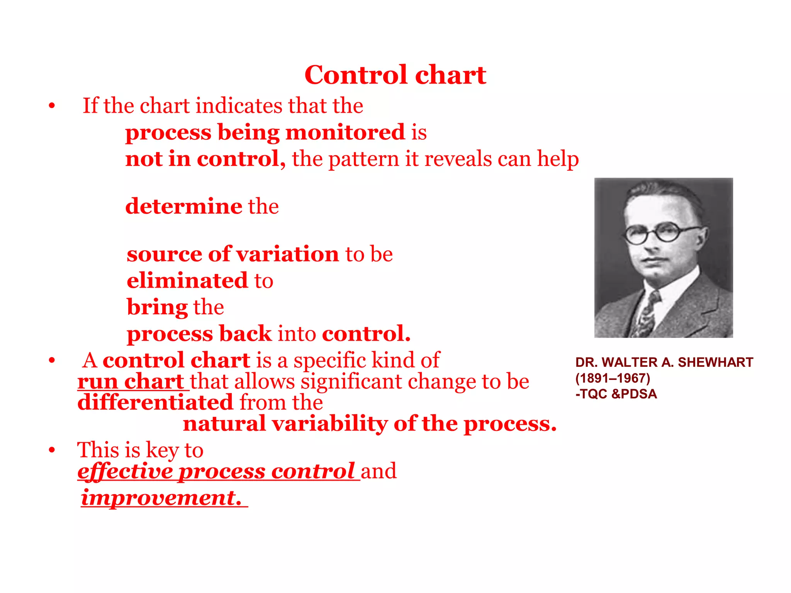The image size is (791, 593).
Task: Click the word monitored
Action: click(x=345, y=132)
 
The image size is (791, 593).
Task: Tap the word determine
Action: click(x=184, y=206)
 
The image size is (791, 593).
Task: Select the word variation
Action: click(x=288, y=254)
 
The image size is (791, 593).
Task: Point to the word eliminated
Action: click(x=187, y=280)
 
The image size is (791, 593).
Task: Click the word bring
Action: click(x=157, y=307)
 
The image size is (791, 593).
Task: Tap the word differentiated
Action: click(x=155, y=402)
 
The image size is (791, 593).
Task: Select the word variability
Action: click(x=329, y=424)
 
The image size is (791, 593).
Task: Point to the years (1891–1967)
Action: click(x=613, y=378)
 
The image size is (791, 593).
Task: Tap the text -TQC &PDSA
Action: click(x=616, y=394)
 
